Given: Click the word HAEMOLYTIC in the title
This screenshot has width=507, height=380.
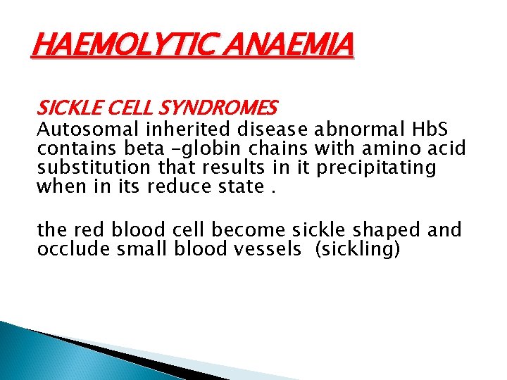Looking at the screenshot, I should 113,47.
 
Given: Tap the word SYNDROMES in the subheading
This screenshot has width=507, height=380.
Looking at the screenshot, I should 219,108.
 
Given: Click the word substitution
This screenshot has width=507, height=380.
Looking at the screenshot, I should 94,168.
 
